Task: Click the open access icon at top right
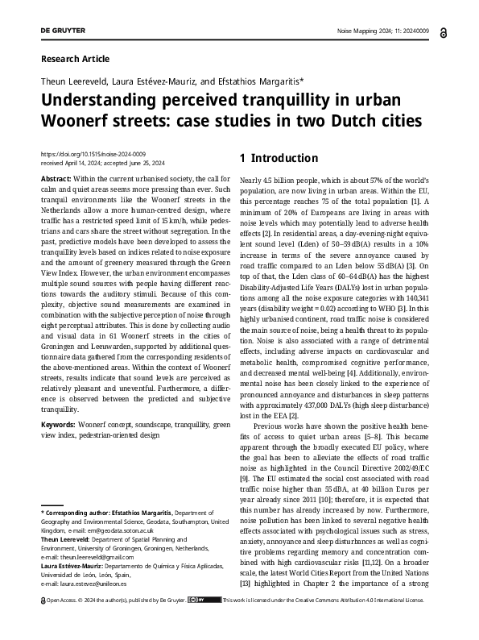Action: (445, 31)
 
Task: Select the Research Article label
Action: (74, 59)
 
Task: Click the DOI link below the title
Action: (93, 153)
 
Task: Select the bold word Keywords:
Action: (59, 424)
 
